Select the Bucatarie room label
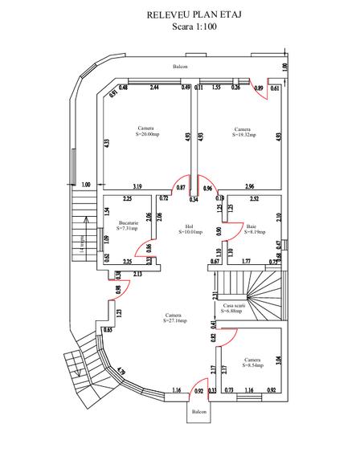(x=129, y=223)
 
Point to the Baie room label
(x=251, y=226)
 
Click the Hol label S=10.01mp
(x=190, y=233)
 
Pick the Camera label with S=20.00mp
(x=146, y=134)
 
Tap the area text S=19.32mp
(x=243, y=135)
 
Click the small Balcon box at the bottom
(x=198, y=412)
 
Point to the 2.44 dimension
(x=153, y=88)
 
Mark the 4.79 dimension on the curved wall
(x=121, y=372)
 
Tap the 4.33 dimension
(x=106, y=143)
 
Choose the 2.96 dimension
(x=250, y=187)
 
